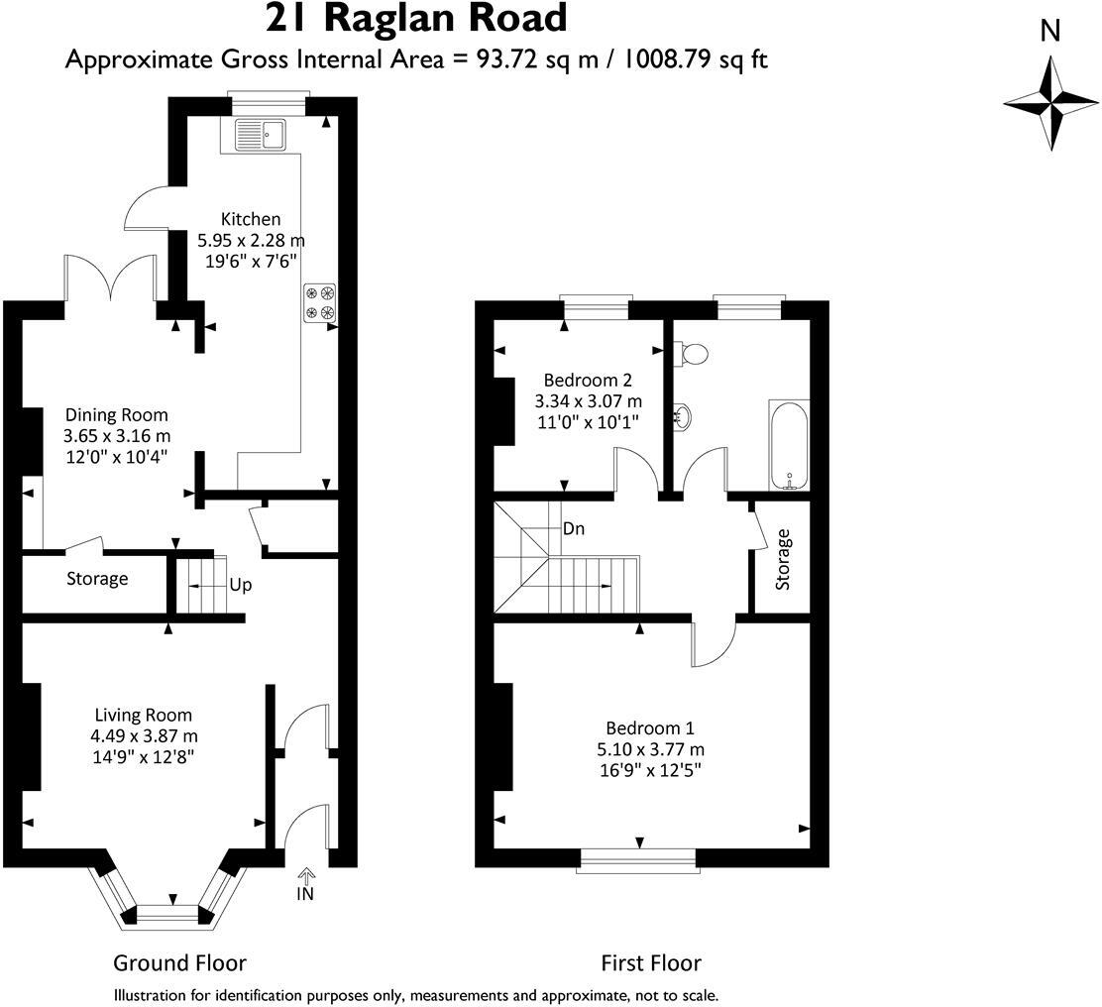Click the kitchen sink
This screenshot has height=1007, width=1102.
(x=260, y=134)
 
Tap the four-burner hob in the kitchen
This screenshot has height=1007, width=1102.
(x=319, y=302)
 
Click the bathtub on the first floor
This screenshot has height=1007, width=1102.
(x=790, y=445)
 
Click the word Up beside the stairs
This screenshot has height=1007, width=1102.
(x=240, y=585)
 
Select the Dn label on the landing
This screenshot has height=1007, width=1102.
(x=573, y=529)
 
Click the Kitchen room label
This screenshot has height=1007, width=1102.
(x=251, y=219)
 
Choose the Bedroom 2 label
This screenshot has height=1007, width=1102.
(x=588, y=380)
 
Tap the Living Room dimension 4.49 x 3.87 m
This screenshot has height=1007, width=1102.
(x=144, y=735)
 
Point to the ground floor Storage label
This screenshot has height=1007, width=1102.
(x=97, y=579)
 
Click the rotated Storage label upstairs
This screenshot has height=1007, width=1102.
(x=784, y=560)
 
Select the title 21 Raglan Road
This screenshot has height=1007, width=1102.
(x=416, y=18)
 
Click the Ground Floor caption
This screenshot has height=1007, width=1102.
(x=179, y=962)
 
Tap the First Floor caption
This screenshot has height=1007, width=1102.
(x=651, y=962)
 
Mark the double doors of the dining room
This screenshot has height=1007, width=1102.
(x=111, y=279)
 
